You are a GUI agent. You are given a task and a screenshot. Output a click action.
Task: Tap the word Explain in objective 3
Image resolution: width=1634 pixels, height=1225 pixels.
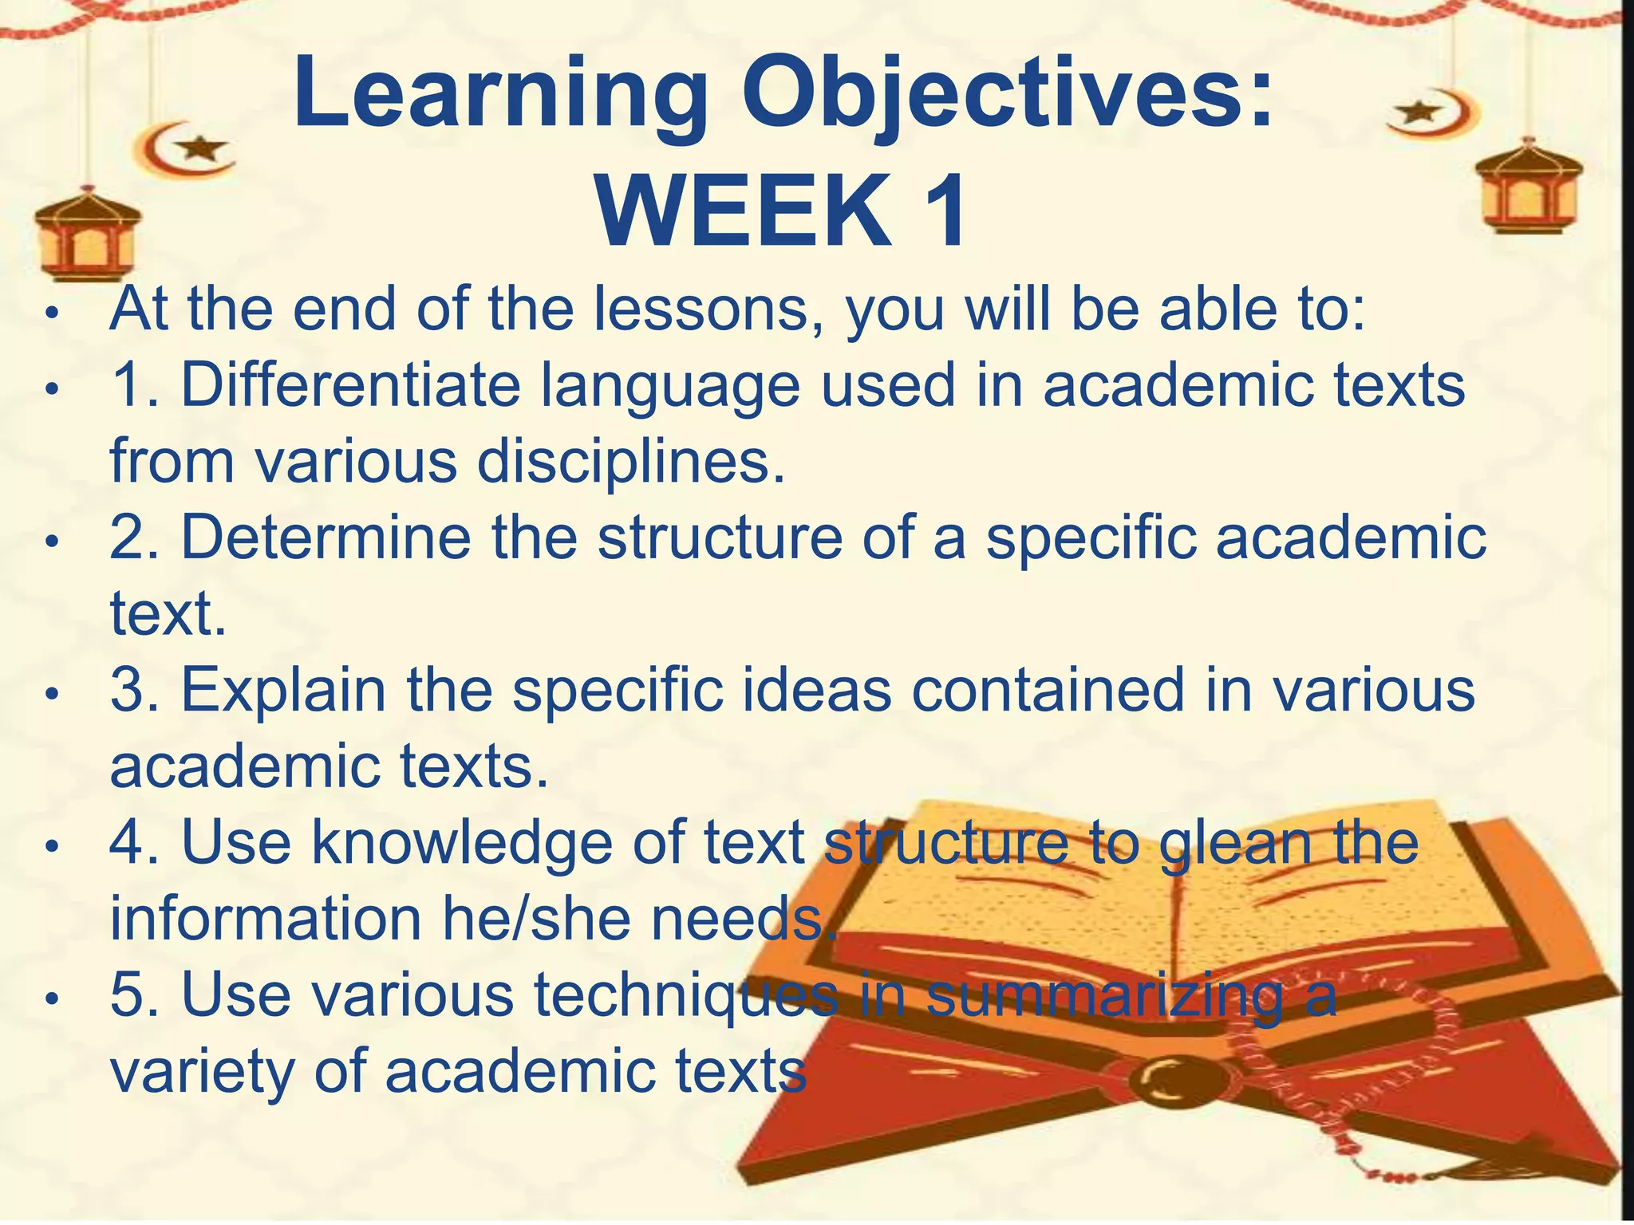pos(283,689)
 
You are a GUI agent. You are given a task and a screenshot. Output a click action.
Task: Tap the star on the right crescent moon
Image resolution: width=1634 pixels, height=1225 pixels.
pos(1416,111)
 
